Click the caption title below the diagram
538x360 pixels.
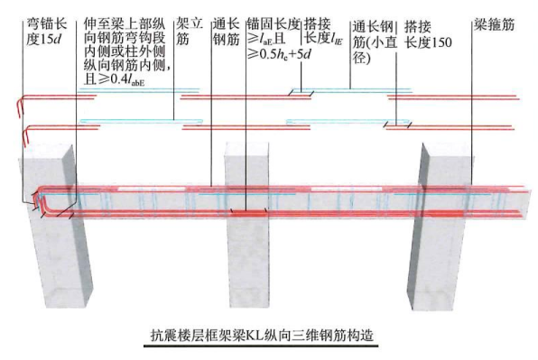point(269,337)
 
